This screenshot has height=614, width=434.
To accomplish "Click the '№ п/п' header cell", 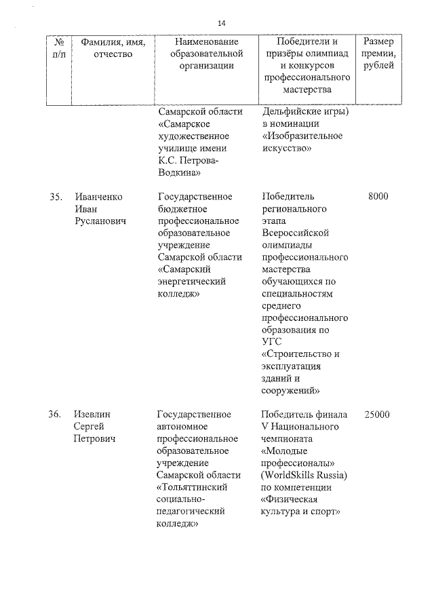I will click(55, 47).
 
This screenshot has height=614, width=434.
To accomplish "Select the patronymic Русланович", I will click(101, 221).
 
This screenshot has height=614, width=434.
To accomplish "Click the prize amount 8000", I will click(378, 197).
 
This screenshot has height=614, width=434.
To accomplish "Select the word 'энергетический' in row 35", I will click(191, 282).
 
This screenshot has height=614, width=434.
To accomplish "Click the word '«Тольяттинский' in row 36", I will click(193, 488).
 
